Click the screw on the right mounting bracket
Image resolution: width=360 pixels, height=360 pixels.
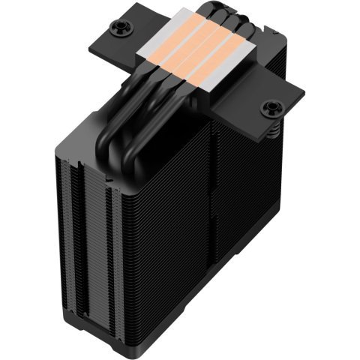[x=268, y=110]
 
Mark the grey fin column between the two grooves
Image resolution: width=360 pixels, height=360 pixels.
[x=91, y=240]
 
